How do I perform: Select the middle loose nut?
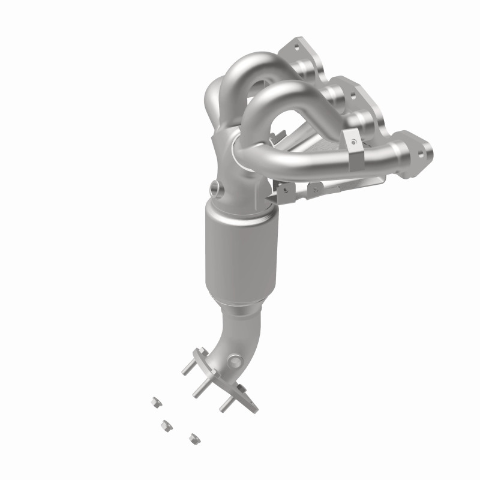163,425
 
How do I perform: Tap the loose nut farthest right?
193,439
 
